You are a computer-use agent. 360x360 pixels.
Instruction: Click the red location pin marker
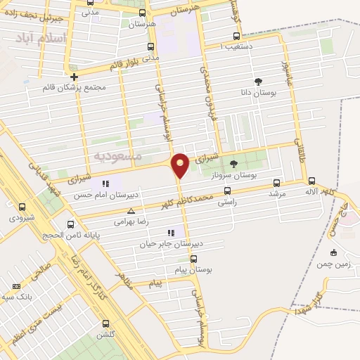pyautogui.click(x=180, y=165)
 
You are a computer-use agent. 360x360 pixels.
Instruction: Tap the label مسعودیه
pyautogui.click(x=117, y=154)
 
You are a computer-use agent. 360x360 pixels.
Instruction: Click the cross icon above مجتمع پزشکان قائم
pyautogui.click(x=74, y=76)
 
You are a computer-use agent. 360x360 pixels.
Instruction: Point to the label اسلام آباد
pyautogui.click(x=45, y=38)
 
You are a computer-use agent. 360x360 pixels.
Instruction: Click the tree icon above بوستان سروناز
pyautogui.click(x=233, y=163)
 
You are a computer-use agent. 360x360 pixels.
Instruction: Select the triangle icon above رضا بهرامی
pyautogui.click(x=131, y=211)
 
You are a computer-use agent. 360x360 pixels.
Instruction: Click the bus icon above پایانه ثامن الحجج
pyautogui.click(x=70, y=225)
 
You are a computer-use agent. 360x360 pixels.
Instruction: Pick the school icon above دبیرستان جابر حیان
pyautogui.click(x=171, y=233)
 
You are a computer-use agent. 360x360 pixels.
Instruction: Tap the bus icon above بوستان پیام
pyautogui.click(x=185, y=258)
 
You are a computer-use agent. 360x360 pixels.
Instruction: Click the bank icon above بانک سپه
pyautogui.click(x=17, y=286)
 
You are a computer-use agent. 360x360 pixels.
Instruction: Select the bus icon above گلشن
pyautogui.click(x=105, y=323)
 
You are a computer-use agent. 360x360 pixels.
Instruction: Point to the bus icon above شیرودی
pyautogui.click(x=22, y=207)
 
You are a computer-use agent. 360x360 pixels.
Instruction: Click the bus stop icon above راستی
pyautogui.click(x=227, y=191)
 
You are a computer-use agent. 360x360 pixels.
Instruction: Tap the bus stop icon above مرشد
pyautogui.click(x=276, y=181)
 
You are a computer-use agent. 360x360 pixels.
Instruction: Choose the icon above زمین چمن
pyautogui.click(x=333, y=252)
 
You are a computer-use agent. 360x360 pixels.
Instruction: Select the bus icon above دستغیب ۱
pyautogui.click(x=236, y=36)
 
